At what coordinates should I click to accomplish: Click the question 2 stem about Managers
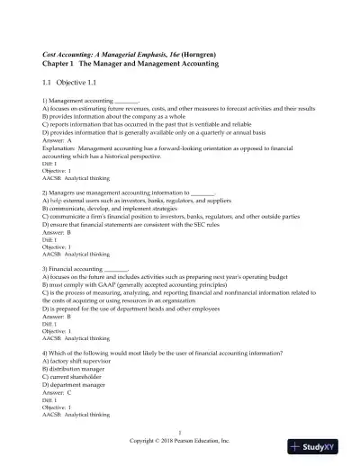[x=117, y=193]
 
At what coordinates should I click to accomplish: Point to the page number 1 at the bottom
[x=180, y=435]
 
